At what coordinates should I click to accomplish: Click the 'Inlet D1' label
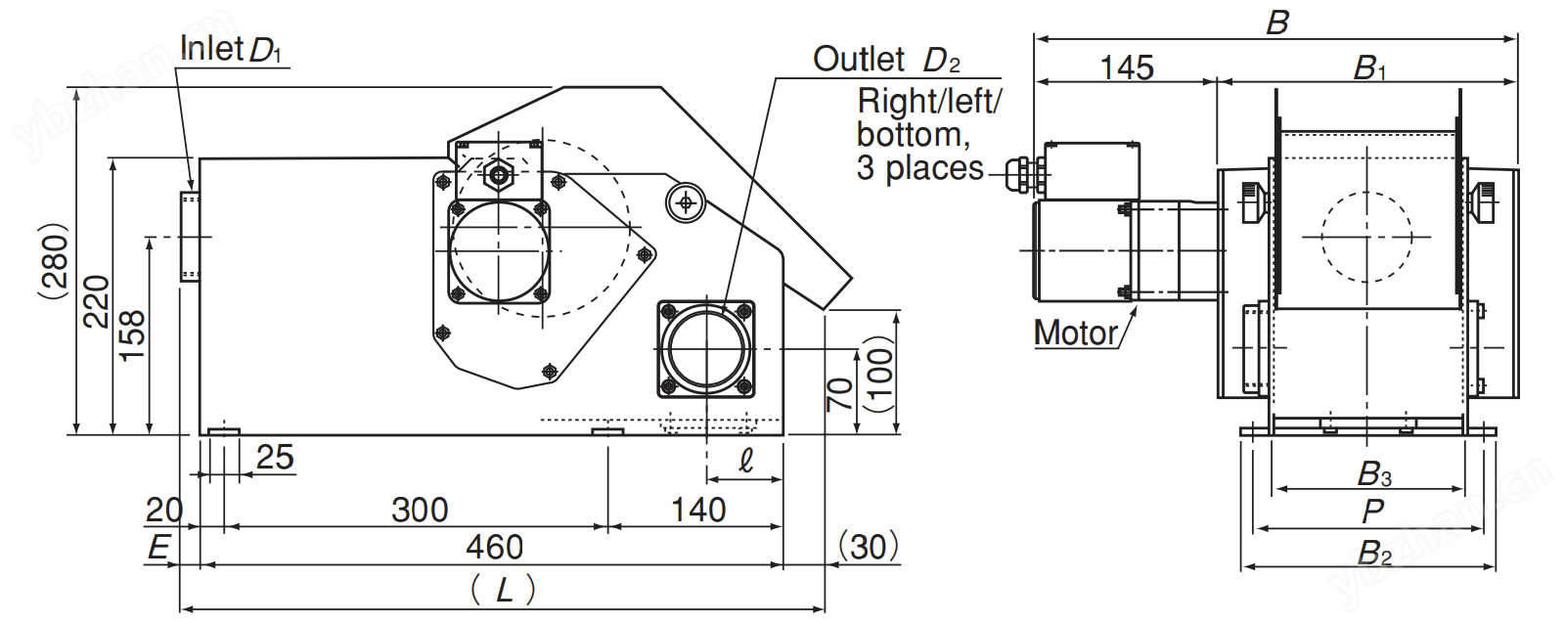tap(231, 49)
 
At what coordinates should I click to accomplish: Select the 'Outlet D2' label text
tap(886, 60)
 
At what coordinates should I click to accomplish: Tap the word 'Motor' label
tap(1075, 334)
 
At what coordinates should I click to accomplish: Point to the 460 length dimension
tap(494, 548)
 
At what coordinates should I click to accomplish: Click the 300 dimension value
tap(420, 510)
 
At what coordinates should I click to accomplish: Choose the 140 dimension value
tap(698, 510)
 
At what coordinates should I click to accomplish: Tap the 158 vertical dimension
tap(132, 335)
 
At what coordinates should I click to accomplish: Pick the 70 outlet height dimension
tap(839, 393)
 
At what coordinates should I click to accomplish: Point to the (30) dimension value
tap(868, 547)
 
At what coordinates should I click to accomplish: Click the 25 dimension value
tap(275, 457)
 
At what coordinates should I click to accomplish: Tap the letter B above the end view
tap(1277, 22)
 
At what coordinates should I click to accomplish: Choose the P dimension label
tap(1372, 511)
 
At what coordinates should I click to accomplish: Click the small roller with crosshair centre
tap(685, 202)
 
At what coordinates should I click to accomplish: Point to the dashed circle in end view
tap(1366, 236)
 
